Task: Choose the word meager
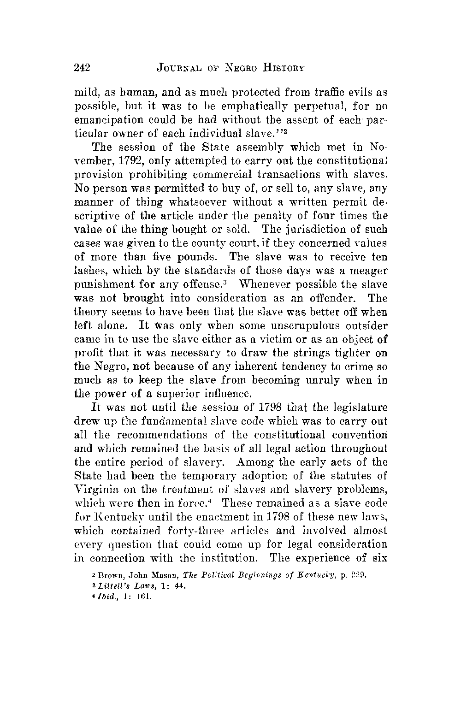pyautogui.click(x=368, y=270)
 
